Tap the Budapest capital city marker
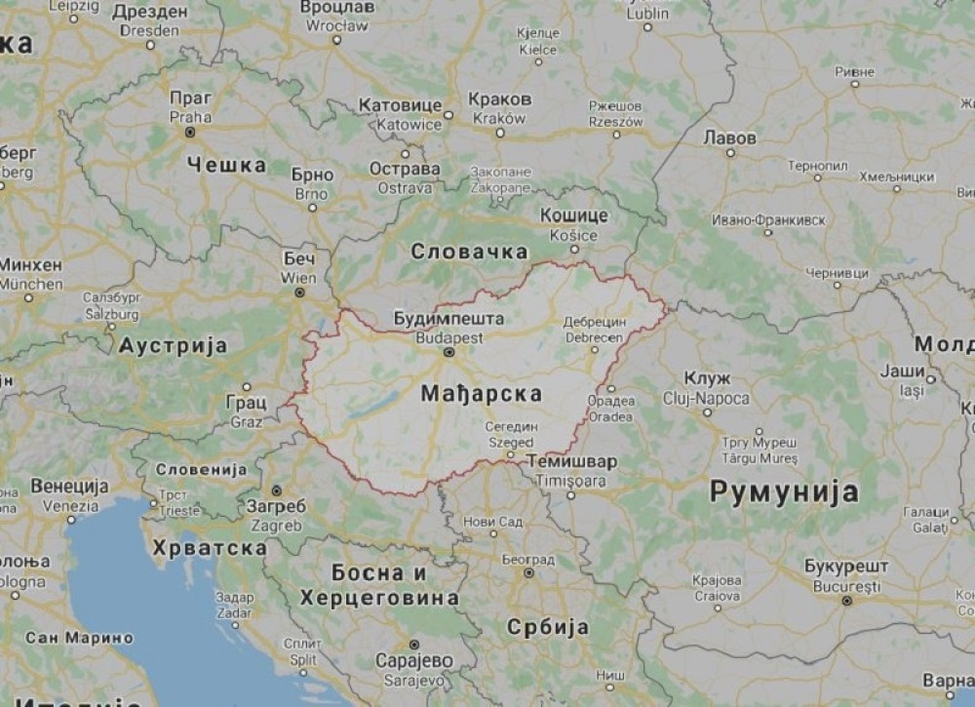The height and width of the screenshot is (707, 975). tap(448, 352)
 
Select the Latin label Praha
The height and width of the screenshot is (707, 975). tap(190, 116)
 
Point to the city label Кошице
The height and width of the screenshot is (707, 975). tap(573, 216)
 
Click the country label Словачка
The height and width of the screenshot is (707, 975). tap(469, 252)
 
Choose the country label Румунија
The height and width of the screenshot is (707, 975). tap(783, 491)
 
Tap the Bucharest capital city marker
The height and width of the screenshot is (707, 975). tap(844, 602)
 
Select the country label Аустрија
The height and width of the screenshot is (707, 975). tap(174, 345)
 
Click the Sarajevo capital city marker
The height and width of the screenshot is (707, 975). tap(413, 645)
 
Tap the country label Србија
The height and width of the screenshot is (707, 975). tap(548, 627)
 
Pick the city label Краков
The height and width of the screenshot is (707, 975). tap(499, 99)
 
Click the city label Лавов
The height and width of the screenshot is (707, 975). tap(728, 138)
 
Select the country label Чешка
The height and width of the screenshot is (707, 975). tap(225, 164)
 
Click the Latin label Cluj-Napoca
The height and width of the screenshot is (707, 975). tap(705, 399)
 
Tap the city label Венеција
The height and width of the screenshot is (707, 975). tap(70, 486)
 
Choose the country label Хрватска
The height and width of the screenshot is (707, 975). tap(209, 549)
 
